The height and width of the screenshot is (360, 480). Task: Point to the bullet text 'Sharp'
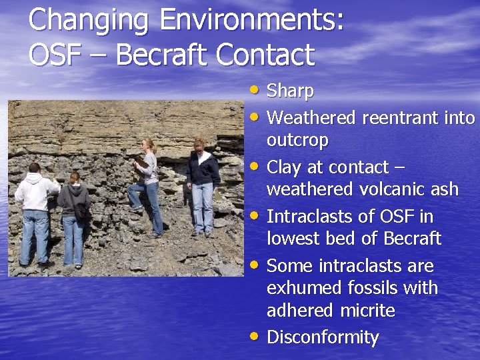[x=290, y=91]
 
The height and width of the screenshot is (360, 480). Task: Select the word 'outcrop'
[x=297, y=140]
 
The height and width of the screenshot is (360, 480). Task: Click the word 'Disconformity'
[x=323, y=337]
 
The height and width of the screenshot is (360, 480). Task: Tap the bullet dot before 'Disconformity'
[x=257, y=336]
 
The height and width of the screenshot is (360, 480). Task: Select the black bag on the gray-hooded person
[x=81, y=212]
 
